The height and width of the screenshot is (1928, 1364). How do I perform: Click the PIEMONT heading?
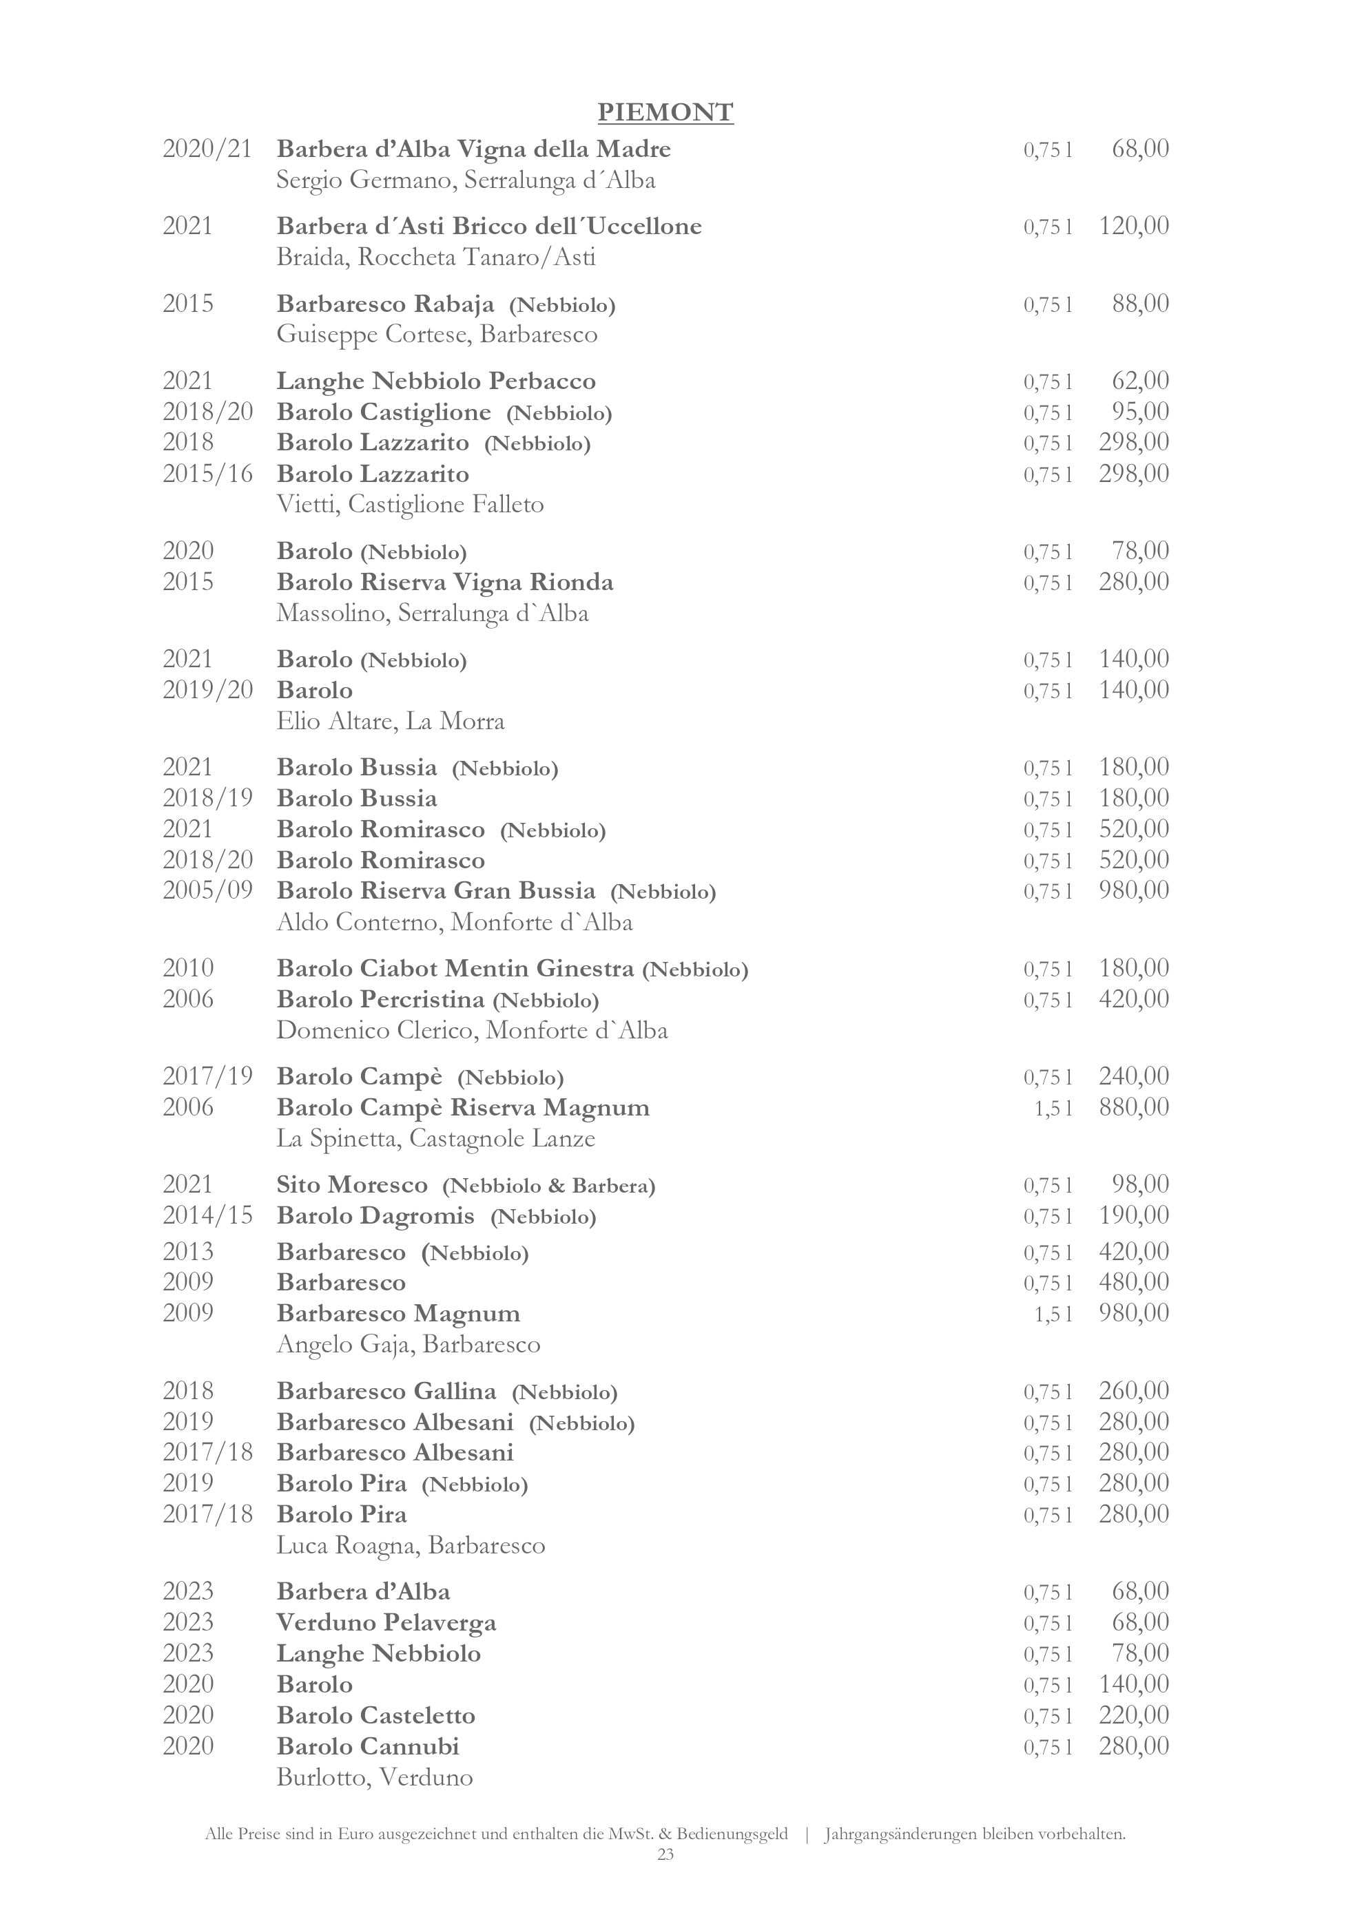click(x=665, y=112)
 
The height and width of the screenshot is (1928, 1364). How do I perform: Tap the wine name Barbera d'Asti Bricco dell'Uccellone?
click(x=489, y=227)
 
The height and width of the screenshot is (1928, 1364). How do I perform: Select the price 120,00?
click(x=1133, y=226)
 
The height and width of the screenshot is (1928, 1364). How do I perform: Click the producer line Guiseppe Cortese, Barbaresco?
click(x=437, y=335)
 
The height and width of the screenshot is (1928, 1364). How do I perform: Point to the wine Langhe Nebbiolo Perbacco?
click(x=436, y=381)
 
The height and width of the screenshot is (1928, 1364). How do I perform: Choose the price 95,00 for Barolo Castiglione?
click(x=1139, y=412)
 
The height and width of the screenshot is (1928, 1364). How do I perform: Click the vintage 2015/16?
click(x=207, y=474)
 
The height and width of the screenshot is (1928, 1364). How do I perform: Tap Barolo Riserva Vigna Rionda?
click(x=445, y=582)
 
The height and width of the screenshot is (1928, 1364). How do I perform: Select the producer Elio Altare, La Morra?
click(x=391, y=722)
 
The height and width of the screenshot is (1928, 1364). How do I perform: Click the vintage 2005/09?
click(x=207, y=890)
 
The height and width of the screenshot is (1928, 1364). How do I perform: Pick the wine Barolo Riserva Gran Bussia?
click(x=436, y=890)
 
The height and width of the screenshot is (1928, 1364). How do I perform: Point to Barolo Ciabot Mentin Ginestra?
click(x=455, y=969)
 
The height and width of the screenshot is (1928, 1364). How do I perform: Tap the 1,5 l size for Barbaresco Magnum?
click(x=1053, y=1313)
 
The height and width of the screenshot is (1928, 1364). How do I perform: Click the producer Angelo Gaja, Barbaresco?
click(x=409, y=1344)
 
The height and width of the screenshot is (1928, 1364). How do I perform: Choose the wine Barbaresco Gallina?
click(x=386, y=1392)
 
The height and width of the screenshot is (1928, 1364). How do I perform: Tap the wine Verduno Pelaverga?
click(x=386, y=1622)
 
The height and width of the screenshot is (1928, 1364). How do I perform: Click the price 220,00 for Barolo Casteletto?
click(x=1133, y=1715)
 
